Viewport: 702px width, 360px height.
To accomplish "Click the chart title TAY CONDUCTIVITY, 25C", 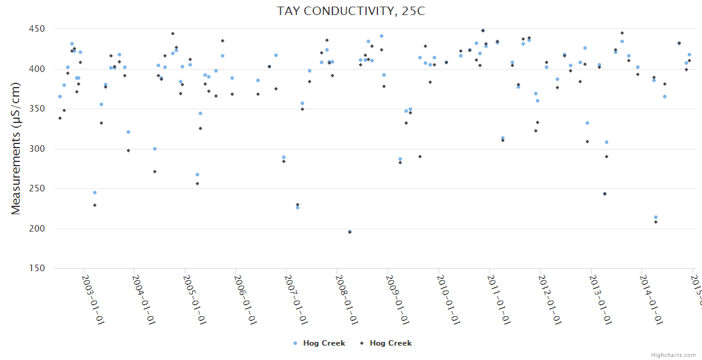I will pyautogui.click(x=351, y=11).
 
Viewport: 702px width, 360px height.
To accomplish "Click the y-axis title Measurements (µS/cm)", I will pyautogui.click(x=16, y=148).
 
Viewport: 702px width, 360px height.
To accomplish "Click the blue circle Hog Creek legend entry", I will pyautogui.click(x=319, y=343).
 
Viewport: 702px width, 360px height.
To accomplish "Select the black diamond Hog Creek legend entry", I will pyautogui.click(x=386, y=343).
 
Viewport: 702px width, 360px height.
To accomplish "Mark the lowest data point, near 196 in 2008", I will pyautogui.click(x=350, y=232).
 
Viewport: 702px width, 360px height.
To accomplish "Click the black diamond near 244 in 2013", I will pyautogui.click(x=605, y=194).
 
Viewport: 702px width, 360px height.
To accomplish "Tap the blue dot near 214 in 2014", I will pyautogui.click(x=656, y=217).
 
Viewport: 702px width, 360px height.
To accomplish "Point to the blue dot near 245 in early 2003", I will pyautogui.click(x=95, y=193).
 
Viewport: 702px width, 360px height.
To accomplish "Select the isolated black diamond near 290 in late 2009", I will pyautogui.click(x=420, y=157).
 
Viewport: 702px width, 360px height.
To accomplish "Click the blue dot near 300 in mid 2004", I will pyautogui.click(x=155, y=149).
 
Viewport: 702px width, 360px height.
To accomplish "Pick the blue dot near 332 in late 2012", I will pyautogui.click(x=587, y=123).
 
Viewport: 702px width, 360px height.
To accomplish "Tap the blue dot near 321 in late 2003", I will pyautogui.click(x=128, y=132).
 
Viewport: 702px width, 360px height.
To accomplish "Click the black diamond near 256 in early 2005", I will pyautogui.click(x=197, y=184).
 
